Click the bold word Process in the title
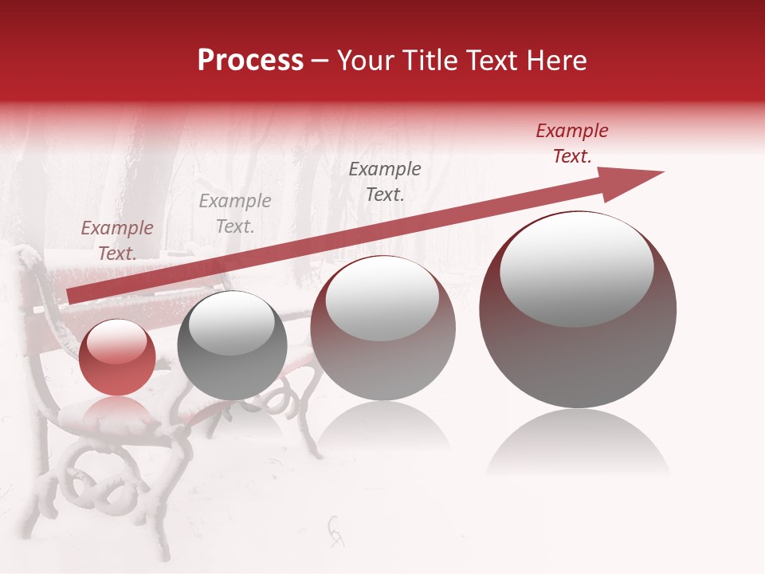[250, 61]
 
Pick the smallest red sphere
[118, 357]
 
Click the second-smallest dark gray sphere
[232, 345]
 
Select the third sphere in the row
[382, 328]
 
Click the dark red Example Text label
[571, 143]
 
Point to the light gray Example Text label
[235, 214]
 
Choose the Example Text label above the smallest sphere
[117, 241]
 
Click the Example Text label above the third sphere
[385, 182]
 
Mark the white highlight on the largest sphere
[576, 269]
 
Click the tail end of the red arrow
[76, 295]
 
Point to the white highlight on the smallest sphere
[117, 343]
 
